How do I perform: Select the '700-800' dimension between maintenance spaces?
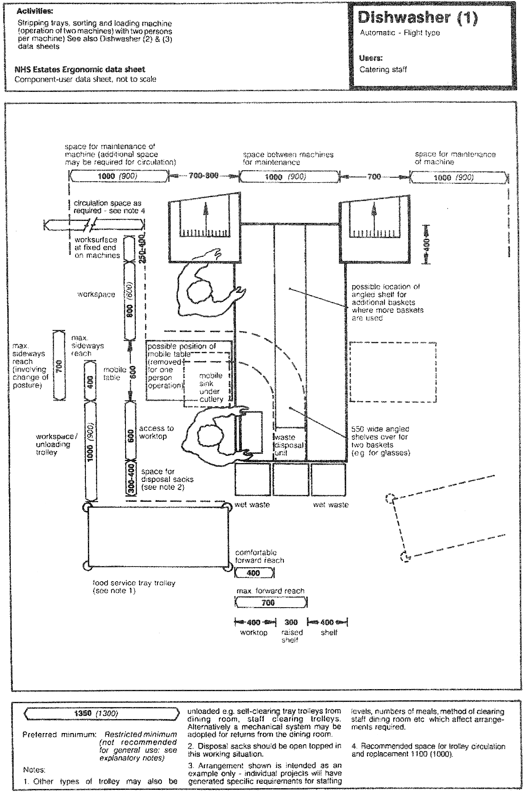tap(203, 176)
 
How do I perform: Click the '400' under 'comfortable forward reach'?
tap(253, 573)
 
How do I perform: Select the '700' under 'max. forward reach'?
tap(268, 603)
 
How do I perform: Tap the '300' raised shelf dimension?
tap(291, 622)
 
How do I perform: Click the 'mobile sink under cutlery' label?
tap(211, 388)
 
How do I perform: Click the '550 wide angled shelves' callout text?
tap(381, 441)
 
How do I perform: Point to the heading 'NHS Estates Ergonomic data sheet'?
tap(80, 70)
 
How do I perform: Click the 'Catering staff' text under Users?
tap(383, 70)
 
